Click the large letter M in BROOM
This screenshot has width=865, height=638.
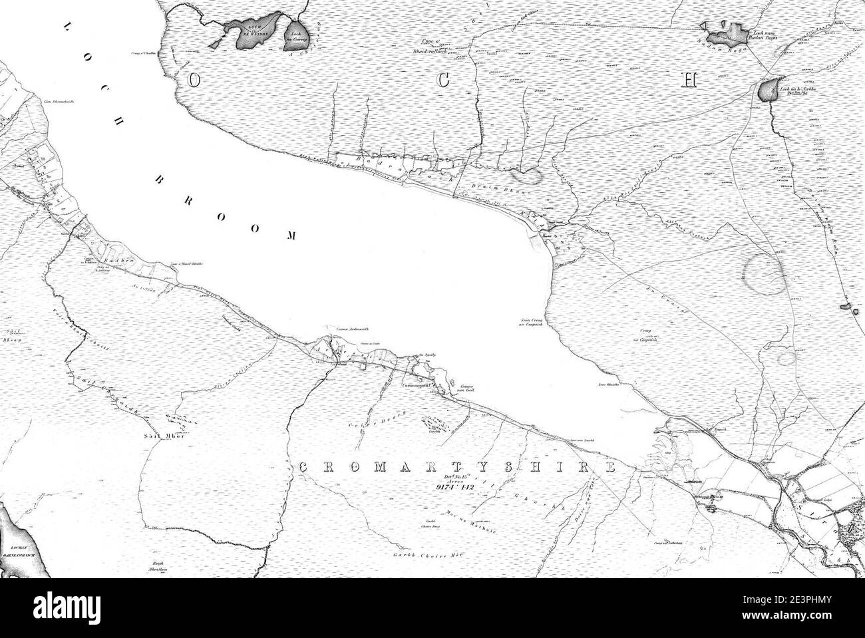click(x=291, y=235)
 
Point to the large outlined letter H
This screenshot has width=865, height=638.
click(x=689, y=80)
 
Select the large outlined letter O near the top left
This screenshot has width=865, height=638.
click(x=194, y=80)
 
